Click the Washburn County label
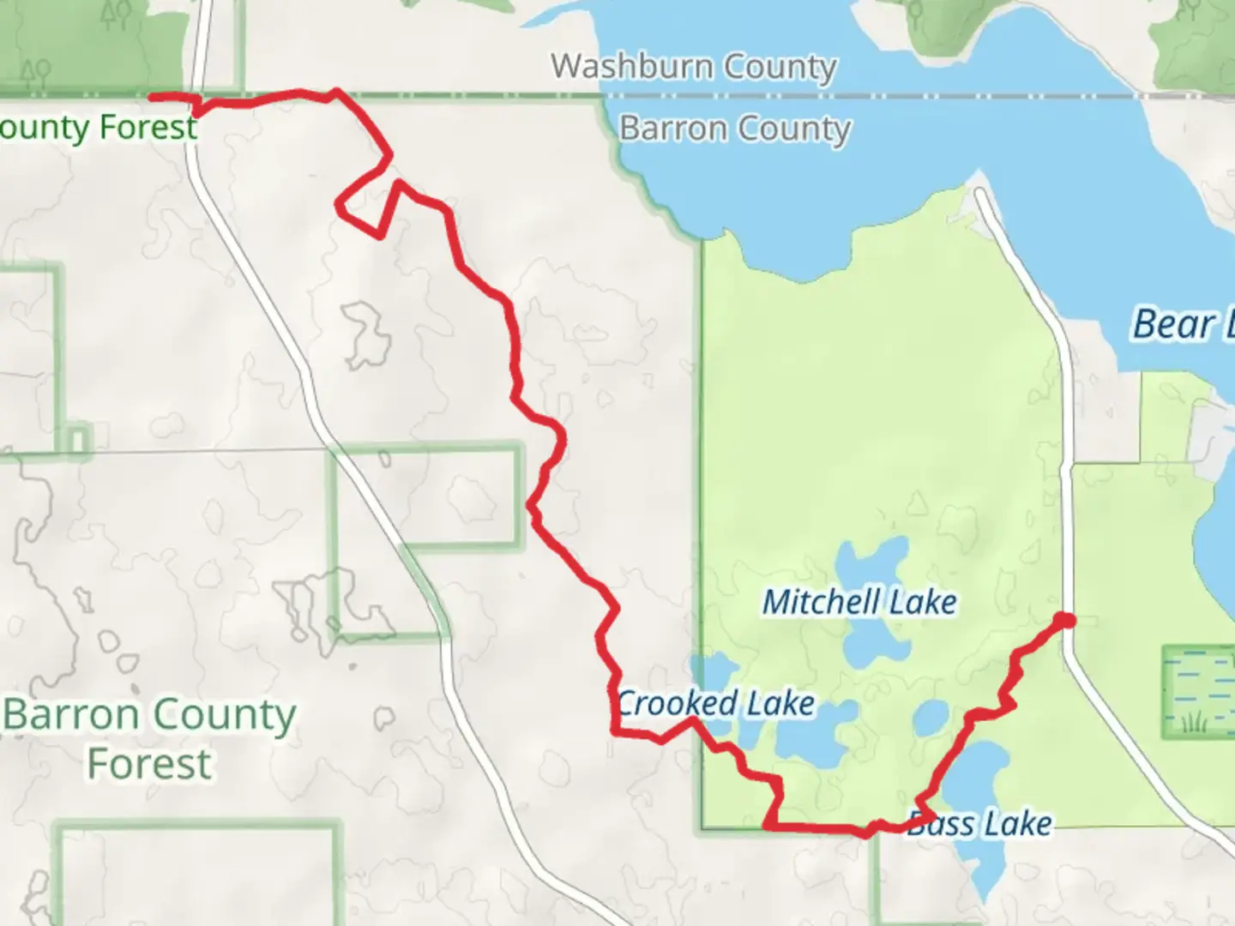point(693,66)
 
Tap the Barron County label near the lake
point(734,129)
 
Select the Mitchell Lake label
point(859,602)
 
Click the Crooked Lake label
point(715,704)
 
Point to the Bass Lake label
point(979,824)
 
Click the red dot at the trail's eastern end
point(1064,620)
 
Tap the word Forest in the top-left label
point(148,128)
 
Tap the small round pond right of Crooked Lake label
point(930,718)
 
